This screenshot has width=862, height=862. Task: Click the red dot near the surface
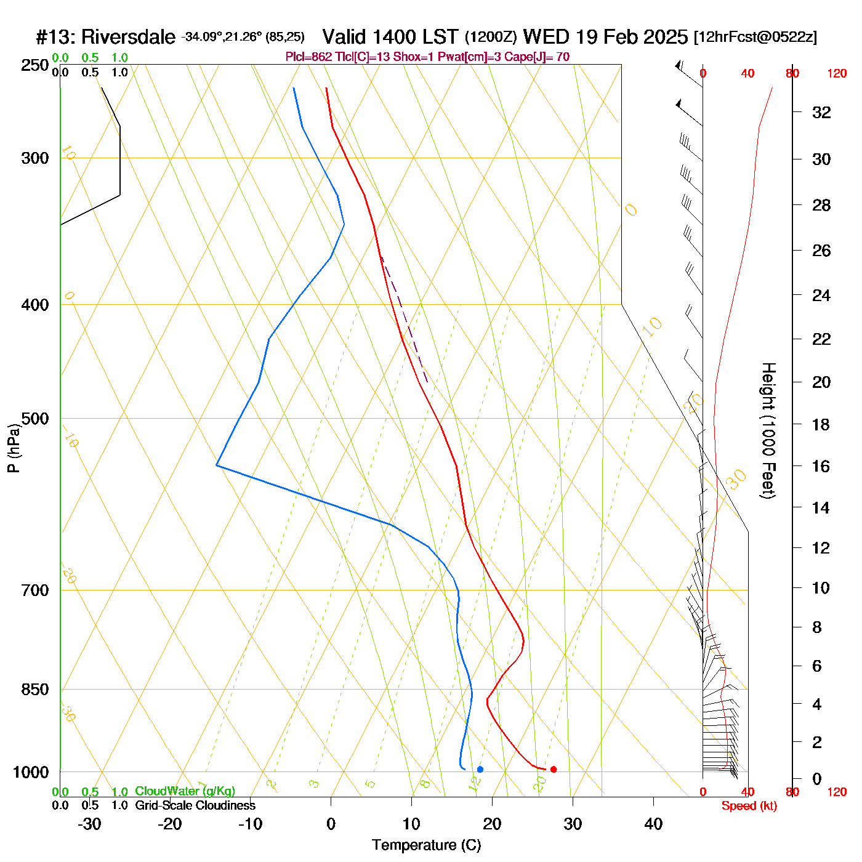coord(554,769)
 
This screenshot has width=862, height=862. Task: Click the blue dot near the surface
coord(480,769)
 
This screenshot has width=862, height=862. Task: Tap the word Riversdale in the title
coord(128,37)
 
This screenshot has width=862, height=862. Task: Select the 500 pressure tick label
coord(35,419)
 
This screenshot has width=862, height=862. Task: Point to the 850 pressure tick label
coord(35,690)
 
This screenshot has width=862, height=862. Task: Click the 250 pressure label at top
coord(35,65)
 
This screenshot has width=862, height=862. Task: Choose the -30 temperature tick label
coord(89,824)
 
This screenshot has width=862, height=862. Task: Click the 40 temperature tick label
coord(653,824)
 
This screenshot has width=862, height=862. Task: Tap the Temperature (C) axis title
coord(426,845)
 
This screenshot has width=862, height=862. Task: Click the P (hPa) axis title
coord(14,448)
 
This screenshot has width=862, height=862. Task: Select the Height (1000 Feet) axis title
coord(768,430)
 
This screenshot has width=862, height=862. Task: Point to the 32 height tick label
coord(821,112)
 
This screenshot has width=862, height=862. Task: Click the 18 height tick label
coord(821,424)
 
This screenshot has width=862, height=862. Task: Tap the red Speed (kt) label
coord(749,806)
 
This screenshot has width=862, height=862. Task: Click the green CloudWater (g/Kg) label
coord(185,791)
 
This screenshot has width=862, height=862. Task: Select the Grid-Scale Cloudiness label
coord(195,805)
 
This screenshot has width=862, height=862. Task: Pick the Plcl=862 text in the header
coord(308,57)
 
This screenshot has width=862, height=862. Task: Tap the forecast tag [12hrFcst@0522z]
coord(755,37)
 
